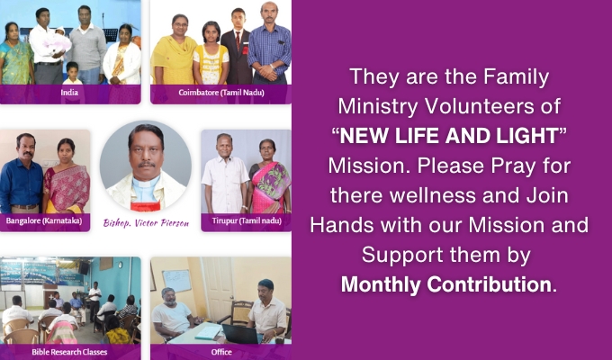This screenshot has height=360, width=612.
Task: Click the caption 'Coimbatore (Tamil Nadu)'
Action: (x=221, y=93)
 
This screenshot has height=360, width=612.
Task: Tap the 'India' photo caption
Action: (x=69, y=93)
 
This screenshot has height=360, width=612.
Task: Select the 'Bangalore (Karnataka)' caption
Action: (x=44, y=221)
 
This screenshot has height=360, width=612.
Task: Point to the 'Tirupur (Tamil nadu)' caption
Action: (x=247, y=221)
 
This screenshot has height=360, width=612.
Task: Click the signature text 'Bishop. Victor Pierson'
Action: (x=146, y=223)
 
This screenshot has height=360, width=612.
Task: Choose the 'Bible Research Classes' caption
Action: (x=69, y=352)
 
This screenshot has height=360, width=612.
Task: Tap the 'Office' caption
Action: (x=221, y=352)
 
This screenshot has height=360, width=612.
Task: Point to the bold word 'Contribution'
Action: (x=489, y=284)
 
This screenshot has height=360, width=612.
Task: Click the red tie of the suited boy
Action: (x=238, y=40)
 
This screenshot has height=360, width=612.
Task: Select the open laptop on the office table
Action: (x=241, y=334)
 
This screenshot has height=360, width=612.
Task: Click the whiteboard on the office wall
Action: (x=176, y=281)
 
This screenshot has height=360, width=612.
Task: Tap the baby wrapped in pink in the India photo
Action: (x=57, y=41)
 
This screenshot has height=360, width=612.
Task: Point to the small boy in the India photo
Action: (x=73, y=73)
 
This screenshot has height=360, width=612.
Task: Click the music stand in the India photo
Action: (x=110, y=35)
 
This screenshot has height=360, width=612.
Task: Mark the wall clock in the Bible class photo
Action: (x=121, y=265)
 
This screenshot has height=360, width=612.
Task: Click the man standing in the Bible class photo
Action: (x=94, y=301)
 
